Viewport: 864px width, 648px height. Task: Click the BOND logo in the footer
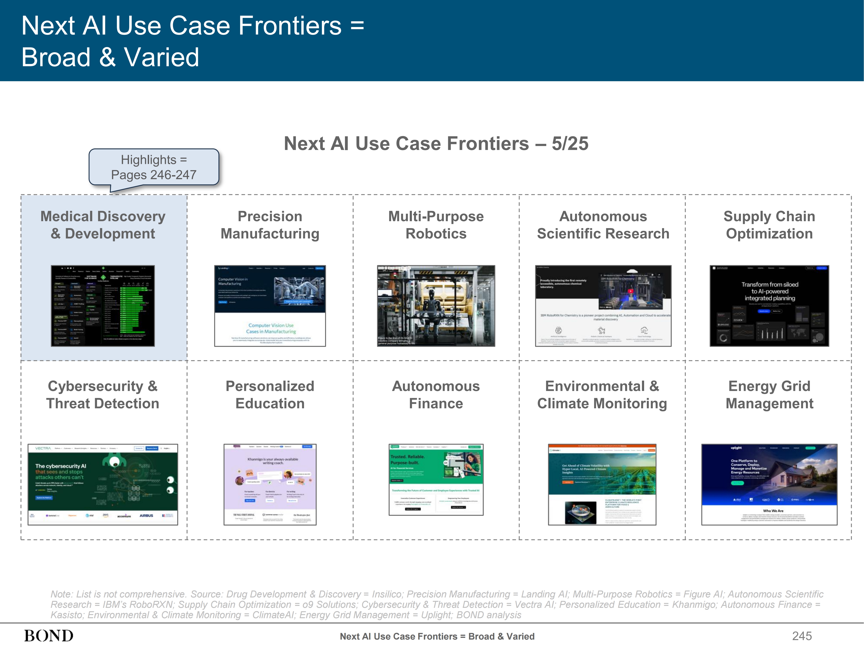coord(49,635)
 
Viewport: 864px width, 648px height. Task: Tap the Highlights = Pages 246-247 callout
coord(154,167)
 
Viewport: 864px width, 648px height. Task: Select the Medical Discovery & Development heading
coord(103,225)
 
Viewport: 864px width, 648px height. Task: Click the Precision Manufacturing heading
coord(270,225)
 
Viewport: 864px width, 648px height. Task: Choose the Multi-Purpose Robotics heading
coord(436,225)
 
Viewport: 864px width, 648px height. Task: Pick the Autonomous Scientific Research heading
coord(603,225)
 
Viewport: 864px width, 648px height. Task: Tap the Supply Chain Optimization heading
coord(769,225)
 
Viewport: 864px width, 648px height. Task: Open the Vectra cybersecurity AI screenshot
coord(103,484)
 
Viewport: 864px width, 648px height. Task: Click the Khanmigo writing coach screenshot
coord(270,484)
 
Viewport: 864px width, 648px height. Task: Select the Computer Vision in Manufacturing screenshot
coord(270,306)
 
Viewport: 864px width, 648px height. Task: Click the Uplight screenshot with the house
coord(769,484)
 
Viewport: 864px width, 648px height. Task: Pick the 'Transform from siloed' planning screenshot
coord(769,306)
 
